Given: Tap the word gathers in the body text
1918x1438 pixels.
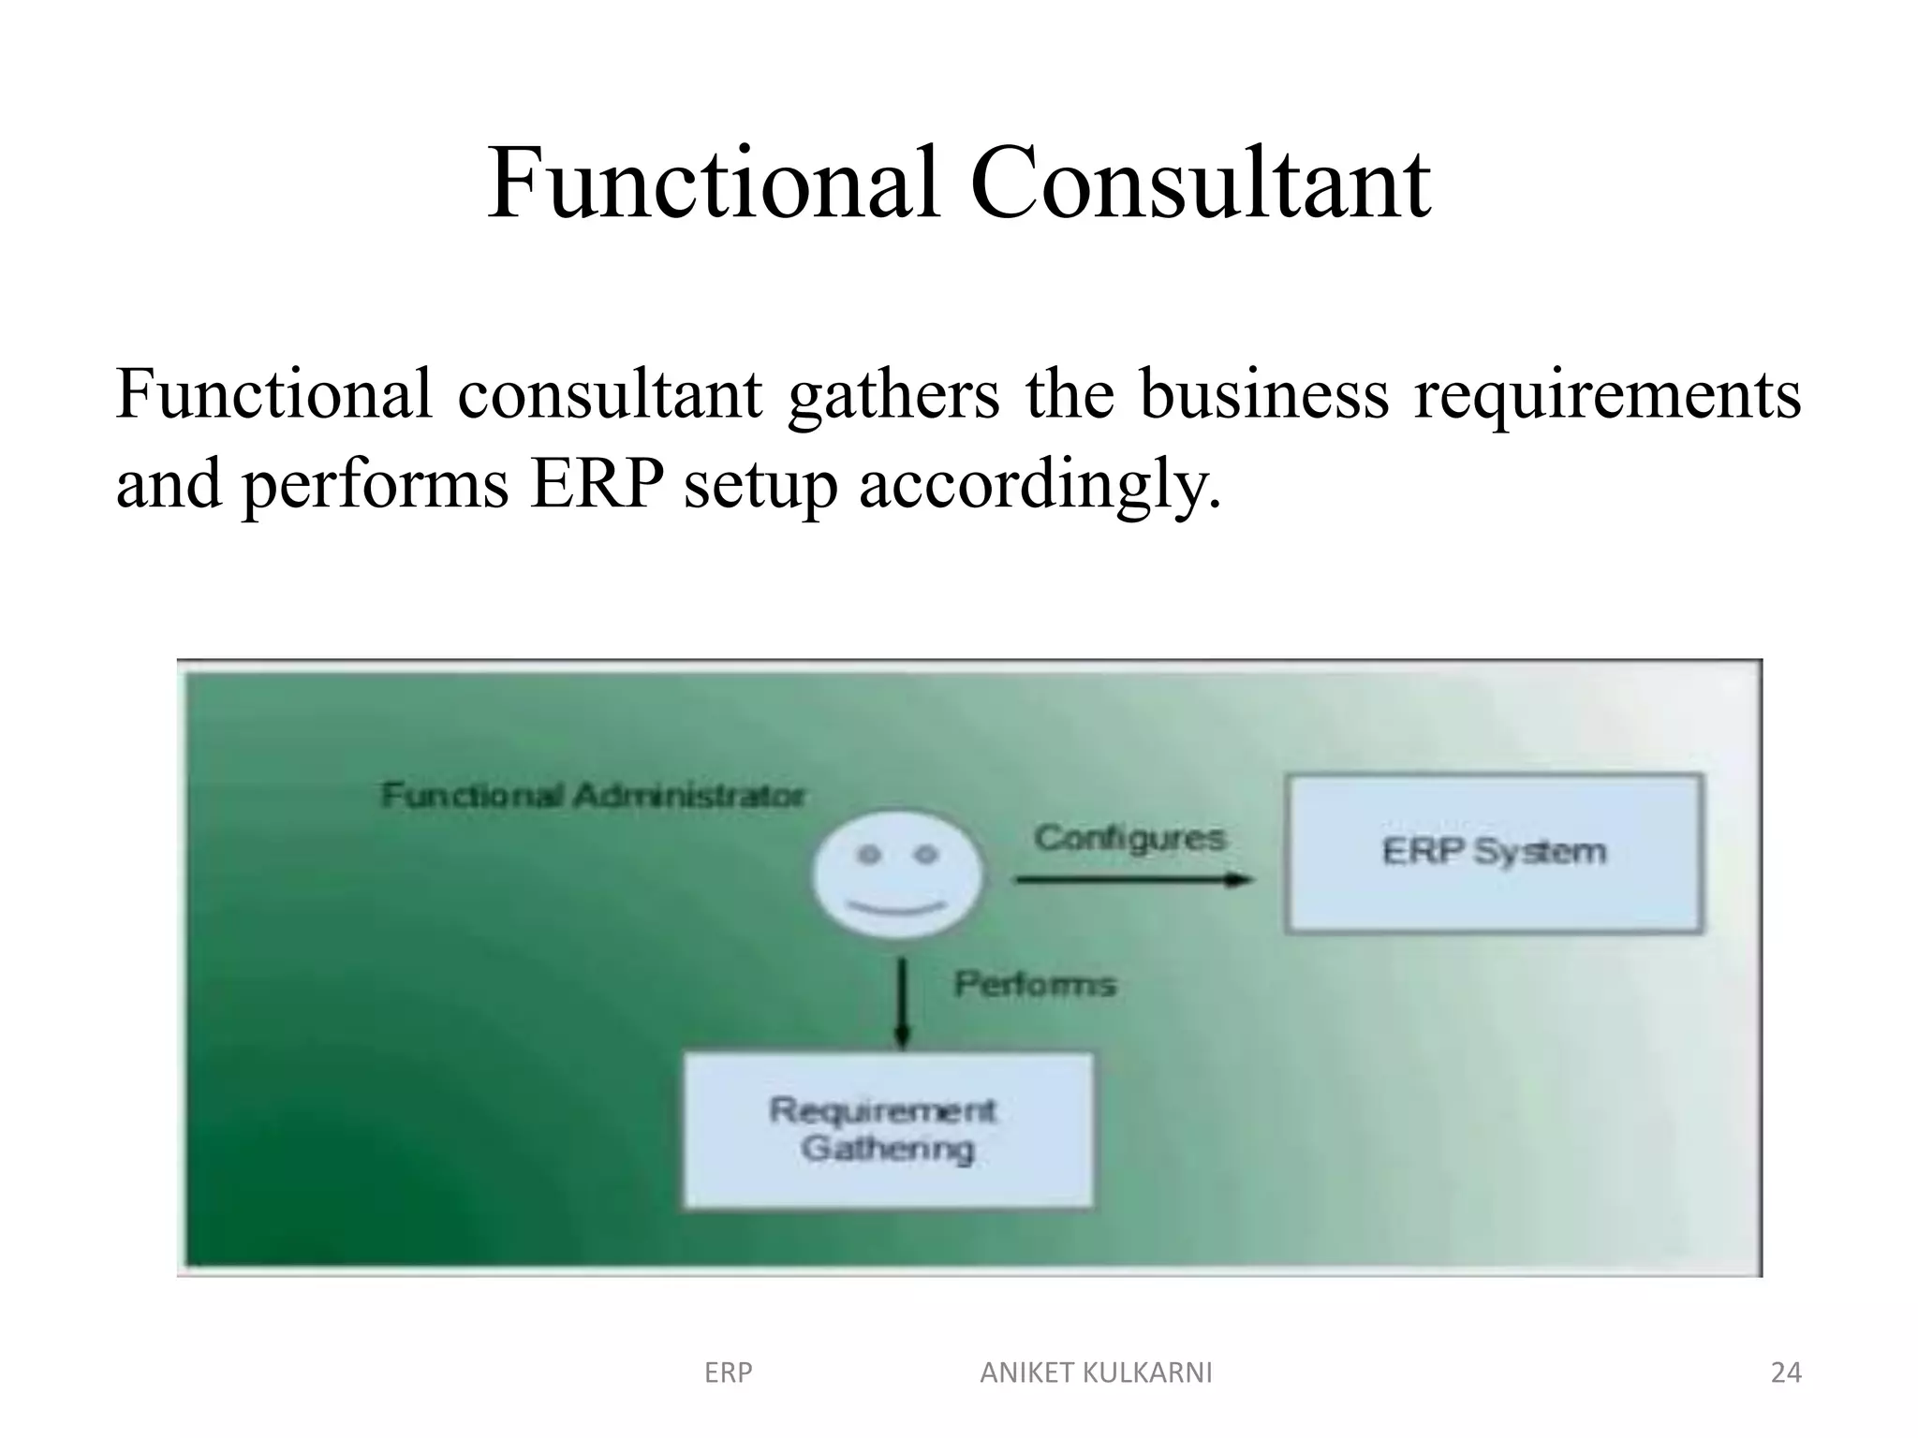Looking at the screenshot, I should coord(894,394).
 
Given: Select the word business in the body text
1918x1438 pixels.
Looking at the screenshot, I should coord(1263,394).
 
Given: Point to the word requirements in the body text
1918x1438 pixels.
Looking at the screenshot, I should coord(1607,394).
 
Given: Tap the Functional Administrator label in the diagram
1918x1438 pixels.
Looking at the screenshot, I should coord(593,796).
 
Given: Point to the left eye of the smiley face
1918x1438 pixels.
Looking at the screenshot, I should coord(870,855).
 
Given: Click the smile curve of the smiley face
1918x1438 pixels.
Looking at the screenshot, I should coord(897,908).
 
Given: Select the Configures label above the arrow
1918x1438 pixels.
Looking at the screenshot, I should coord(1129,838).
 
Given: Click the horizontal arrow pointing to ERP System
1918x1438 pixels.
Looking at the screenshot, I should coord(1133,880).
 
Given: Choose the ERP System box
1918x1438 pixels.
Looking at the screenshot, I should coord(1494,852).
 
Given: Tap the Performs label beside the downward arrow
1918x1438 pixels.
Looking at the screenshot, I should coord(1035,984).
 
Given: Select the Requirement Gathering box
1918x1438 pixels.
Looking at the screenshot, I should coord(887,1130).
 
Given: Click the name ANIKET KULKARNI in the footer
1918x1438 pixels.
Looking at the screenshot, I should coord(1096,1372).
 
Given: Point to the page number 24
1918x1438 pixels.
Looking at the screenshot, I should coord(1786,1372).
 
